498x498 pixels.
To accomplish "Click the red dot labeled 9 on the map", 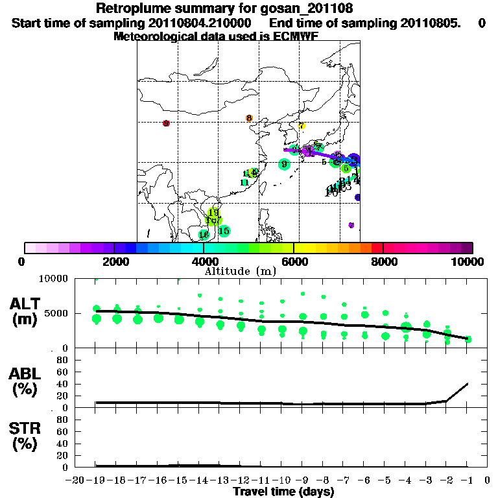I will click(x=166, y=123).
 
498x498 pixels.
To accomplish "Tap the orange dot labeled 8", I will click(x=249, y=118).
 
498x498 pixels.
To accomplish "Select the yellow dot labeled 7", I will click(x=302, y=126).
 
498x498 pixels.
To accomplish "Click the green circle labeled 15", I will click(x=224, y=231).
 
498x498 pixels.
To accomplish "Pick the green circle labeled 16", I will click(x=204, y=235).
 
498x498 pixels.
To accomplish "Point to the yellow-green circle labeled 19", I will click(x=213, y=213).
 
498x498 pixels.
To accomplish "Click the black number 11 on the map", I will click(x=244, y=183).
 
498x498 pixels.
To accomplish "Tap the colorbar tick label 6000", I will click(x=293, y=261).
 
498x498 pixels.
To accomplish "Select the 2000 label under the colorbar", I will click(x=114, y=261).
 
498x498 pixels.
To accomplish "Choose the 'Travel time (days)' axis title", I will click(x=283, y=492).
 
